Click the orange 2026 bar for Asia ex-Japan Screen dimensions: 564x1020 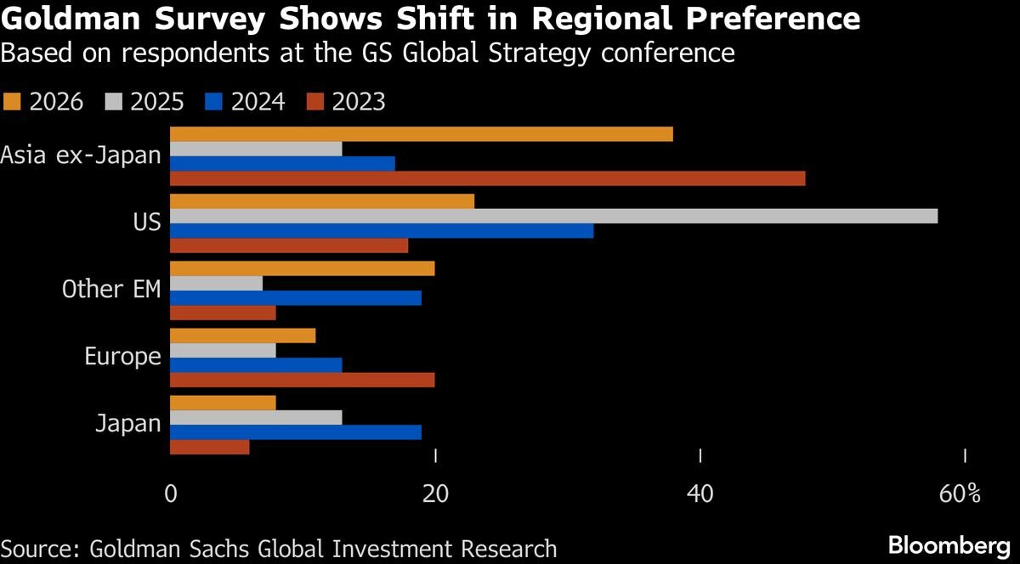pos(422,134)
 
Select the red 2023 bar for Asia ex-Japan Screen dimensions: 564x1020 pos(488,178)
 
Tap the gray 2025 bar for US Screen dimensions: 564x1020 pos(554,216)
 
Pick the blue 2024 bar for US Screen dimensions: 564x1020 pos(382,231)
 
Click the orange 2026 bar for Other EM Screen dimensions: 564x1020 pos(303,268)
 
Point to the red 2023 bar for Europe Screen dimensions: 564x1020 pos(303,381)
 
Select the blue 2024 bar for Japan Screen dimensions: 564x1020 pos(296,431)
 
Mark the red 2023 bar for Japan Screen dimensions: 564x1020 pos(210,447)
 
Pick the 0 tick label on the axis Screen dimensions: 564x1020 pos(171,493)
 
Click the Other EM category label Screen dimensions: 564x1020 pos(111,289)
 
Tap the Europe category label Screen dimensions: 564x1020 pos(122,357)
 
